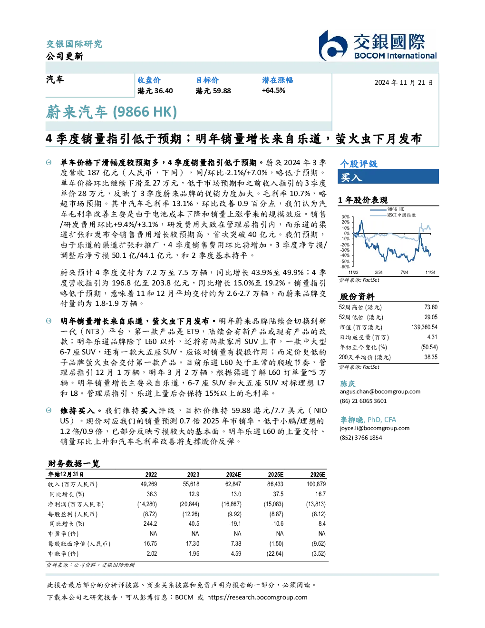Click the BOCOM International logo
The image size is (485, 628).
point(378,45)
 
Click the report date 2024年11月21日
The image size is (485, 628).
point(404,83)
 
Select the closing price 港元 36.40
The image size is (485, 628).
point(155,91)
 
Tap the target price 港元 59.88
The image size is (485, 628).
point(213,91)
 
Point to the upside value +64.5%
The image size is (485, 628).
point(273,90)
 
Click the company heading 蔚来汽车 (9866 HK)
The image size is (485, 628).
point(111,112)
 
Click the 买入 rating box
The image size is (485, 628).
point(388,177)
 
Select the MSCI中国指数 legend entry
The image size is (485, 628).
point(393,215)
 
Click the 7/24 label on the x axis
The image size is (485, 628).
point(404,273)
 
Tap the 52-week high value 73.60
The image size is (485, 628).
point(431,307)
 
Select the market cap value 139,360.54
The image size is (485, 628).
point(424,327)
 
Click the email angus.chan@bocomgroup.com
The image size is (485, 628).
point(380,392)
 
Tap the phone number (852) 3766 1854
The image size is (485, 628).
point(361,438)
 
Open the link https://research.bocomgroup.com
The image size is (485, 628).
point(257,598)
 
